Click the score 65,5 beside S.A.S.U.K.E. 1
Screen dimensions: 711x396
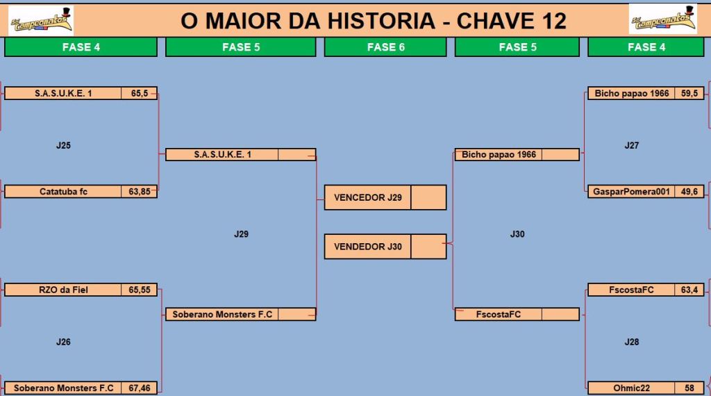tap(139, 94)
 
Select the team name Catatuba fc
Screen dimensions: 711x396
tap(63, 192)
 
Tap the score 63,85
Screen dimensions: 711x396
tap(139, 192)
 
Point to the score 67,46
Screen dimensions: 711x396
tap(139, 388)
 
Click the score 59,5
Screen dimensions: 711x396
tap(689, 94)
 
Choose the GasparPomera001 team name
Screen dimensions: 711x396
tap(631, 192)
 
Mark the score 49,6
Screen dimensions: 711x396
tap(689, 192)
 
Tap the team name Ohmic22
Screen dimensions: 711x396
tap(631, 388)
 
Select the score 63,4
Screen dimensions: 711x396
tap(689, 290)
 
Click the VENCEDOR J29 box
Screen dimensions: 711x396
tap(385, 197)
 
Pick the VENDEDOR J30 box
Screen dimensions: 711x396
tap(385, 247)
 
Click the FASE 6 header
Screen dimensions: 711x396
tap(385, 47)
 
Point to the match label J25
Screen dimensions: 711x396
tap(63, 146)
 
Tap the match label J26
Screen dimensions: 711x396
tap(63, 342)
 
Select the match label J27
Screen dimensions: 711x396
tap(632, 146)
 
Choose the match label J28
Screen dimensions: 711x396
tap(632, 342)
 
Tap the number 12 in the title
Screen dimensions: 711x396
tap(553, 21)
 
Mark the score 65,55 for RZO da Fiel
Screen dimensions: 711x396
tap(139, 290)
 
